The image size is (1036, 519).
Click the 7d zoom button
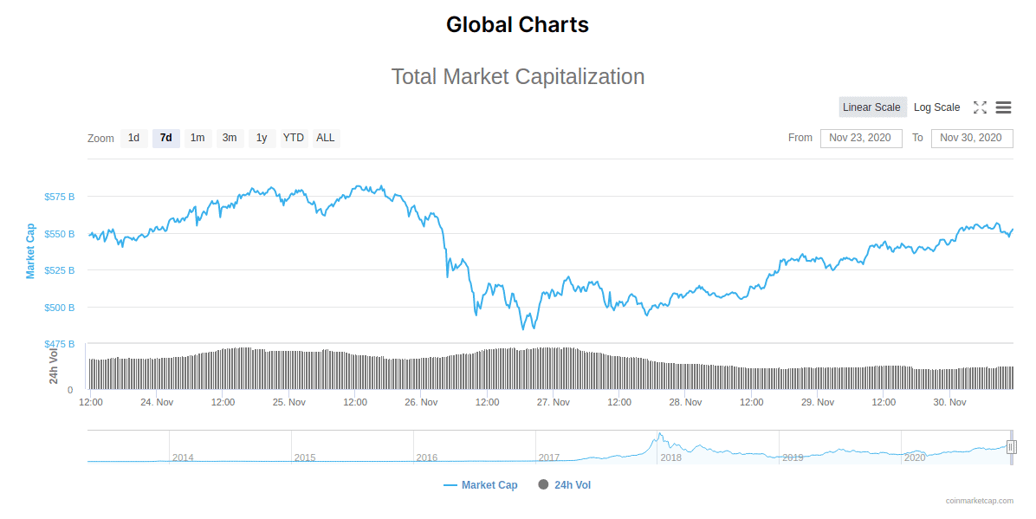point(166,138)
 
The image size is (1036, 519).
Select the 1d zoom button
point(133,138)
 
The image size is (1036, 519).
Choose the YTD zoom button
point(294,138)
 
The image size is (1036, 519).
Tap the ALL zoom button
point(326,138)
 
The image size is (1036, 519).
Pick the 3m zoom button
point(230,138)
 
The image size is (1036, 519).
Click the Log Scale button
point(936,107)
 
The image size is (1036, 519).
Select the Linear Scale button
point(872,107)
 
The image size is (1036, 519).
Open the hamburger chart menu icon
point(1003,107)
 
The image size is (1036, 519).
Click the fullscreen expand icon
point(980,107)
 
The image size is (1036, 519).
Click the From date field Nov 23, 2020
point(860,138)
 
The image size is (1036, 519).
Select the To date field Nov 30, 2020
point(971,138)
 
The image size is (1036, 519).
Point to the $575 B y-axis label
point(60,197)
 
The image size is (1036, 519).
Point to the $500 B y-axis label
point(60,308)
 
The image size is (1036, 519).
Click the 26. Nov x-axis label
point(421,402)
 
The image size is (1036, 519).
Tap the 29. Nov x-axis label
point(818,402)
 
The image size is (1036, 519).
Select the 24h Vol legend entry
point(572,485)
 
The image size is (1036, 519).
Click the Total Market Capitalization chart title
point(518,76)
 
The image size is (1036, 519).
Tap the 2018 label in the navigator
point(670,457)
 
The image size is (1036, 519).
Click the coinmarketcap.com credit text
point(979,501)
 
